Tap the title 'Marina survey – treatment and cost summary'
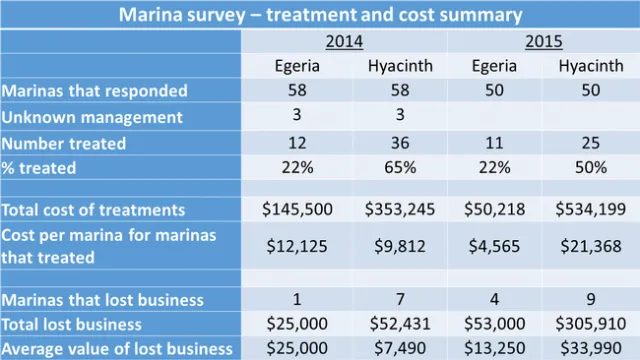[320, 15]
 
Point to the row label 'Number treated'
[64, 143]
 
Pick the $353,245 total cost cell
[393, 210]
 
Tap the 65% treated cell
[393, 168]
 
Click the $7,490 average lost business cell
[393, 347]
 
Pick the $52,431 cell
[393, 324]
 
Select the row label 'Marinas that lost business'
[102, 300]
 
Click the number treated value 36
[393, 143]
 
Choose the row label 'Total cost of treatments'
[94, 210]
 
